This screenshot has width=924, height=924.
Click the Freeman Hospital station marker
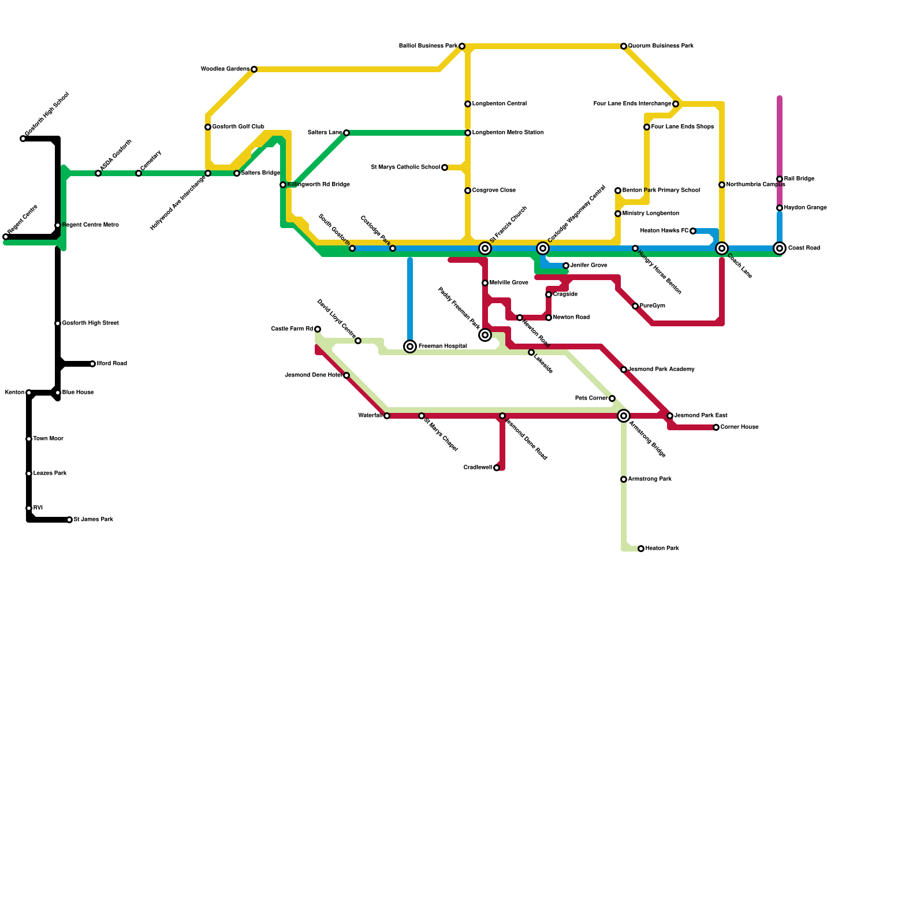410,346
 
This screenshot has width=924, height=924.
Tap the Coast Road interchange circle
780,248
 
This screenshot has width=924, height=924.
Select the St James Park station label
93,520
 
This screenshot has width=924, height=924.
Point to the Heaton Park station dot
641,549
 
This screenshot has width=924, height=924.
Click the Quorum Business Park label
661,46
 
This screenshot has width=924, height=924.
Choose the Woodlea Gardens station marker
254,69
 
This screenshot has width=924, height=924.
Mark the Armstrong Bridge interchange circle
624,416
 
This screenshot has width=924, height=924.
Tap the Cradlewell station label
478,468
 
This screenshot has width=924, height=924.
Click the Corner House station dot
716,427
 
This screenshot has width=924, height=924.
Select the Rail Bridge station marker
780,179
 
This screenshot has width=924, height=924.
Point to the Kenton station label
14,393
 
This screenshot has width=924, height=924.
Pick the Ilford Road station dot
92,364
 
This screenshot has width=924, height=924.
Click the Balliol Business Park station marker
462,46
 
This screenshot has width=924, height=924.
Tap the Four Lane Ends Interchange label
632,104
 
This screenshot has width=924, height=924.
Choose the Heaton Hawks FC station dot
693,231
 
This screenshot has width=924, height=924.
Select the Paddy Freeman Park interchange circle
485,335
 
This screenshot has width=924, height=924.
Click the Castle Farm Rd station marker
318,329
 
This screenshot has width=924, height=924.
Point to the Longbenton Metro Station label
508,133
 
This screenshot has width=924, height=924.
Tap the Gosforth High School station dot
23,139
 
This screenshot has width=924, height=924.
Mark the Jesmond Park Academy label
661,370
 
